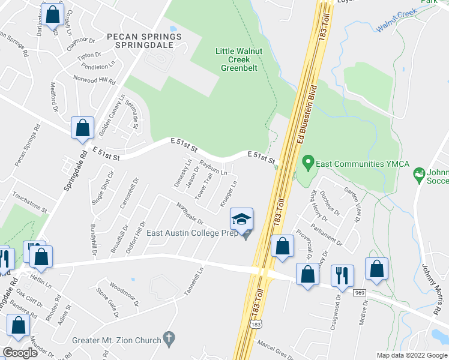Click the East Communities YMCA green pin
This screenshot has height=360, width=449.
coord(308,162)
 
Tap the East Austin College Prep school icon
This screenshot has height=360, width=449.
coord(242,219)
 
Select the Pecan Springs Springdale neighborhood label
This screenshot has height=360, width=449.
coord(143,40)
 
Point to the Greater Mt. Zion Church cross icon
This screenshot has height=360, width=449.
coord(170,338)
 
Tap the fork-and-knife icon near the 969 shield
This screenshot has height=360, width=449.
coord(342,275)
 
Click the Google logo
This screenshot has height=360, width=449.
coord(20,353)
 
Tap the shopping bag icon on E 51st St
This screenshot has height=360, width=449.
coord(82,128)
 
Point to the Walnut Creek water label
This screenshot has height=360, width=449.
coord(397,21)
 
